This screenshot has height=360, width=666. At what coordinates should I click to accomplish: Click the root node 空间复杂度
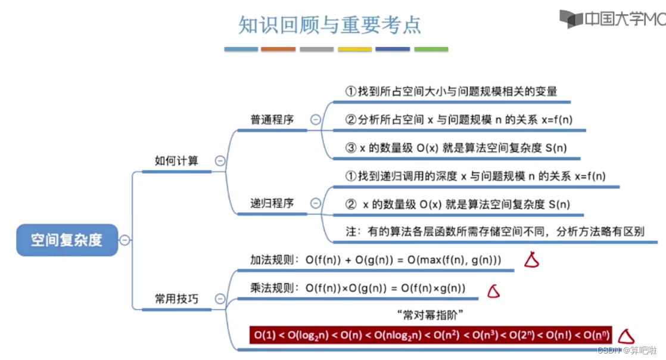pos(67,240)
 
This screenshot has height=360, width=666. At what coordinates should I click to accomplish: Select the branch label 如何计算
pos(176,160)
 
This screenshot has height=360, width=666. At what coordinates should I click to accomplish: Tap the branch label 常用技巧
pos(176,299)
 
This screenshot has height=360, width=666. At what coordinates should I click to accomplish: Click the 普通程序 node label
pos(272,119)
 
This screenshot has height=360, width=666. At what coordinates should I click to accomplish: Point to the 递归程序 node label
pos(272,203)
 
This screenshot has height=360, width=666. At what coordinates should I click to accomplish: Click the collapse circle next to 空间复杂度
pos(125,240)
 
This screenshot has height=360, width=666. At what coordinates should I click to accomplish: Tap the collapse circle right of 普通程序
pos(316,120)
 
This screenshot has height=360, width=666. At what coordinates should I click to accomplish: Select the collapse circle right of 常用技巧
pos(220,299)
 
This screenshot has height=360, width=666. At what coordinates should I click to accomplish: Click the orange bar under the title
pos(278,49)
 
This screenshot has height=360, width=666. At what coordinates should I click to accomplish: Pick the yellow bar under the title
pos(354,49)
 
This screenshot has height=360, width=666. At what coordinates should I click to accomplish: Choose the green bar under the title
pos(431,49)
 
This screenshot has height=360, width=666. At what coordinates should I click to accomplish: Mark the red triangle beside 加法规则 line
pos(531,259)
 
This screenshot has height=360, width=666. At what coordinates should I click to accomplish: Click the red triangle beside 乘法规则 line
pos(493,291)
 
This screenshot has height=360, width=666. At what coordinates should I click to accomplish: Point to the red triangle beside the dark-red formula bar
pos(626,336)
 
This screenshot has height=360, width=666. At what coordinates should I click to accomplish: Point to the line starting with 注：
pos(494,231)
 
